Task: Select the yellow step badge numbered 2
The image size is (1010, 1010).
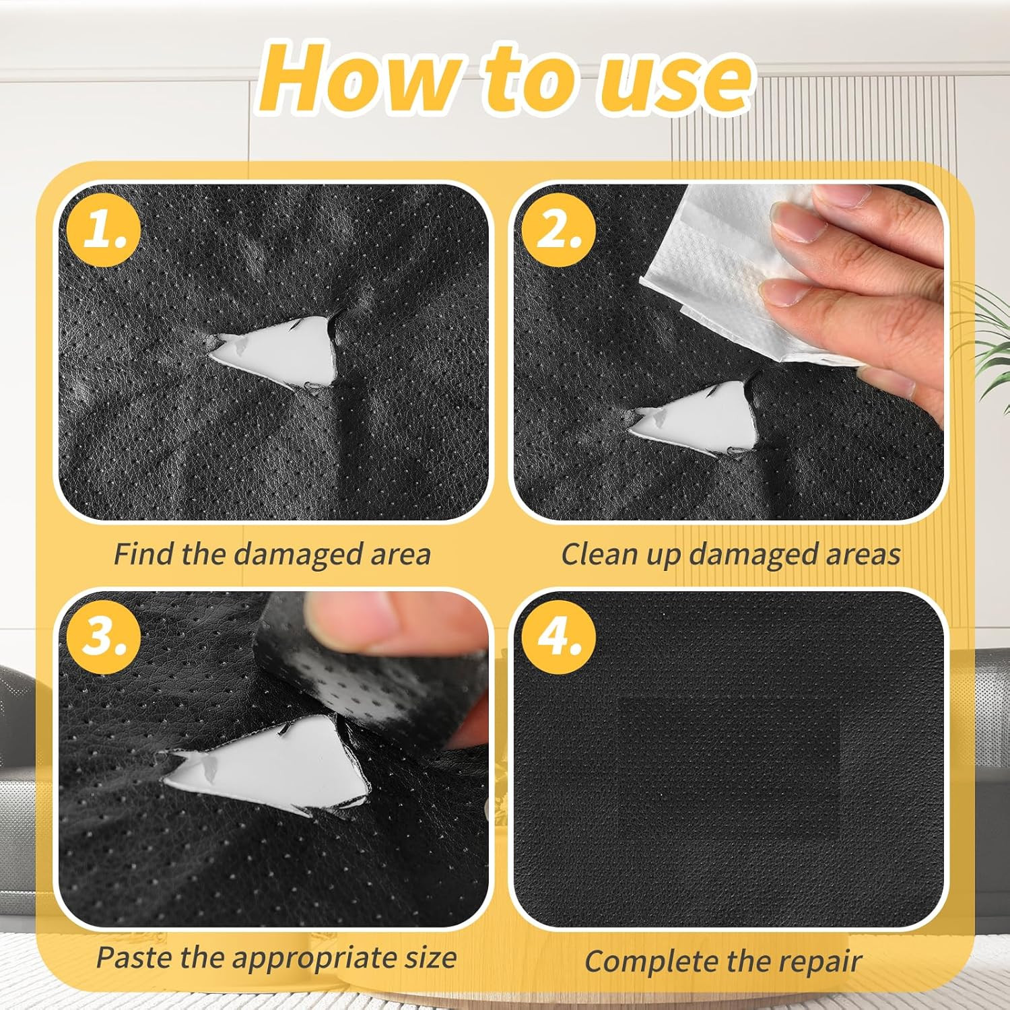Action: [559, 230]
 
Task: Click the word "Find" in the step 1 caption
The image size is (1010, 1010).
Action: [144, 554]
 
